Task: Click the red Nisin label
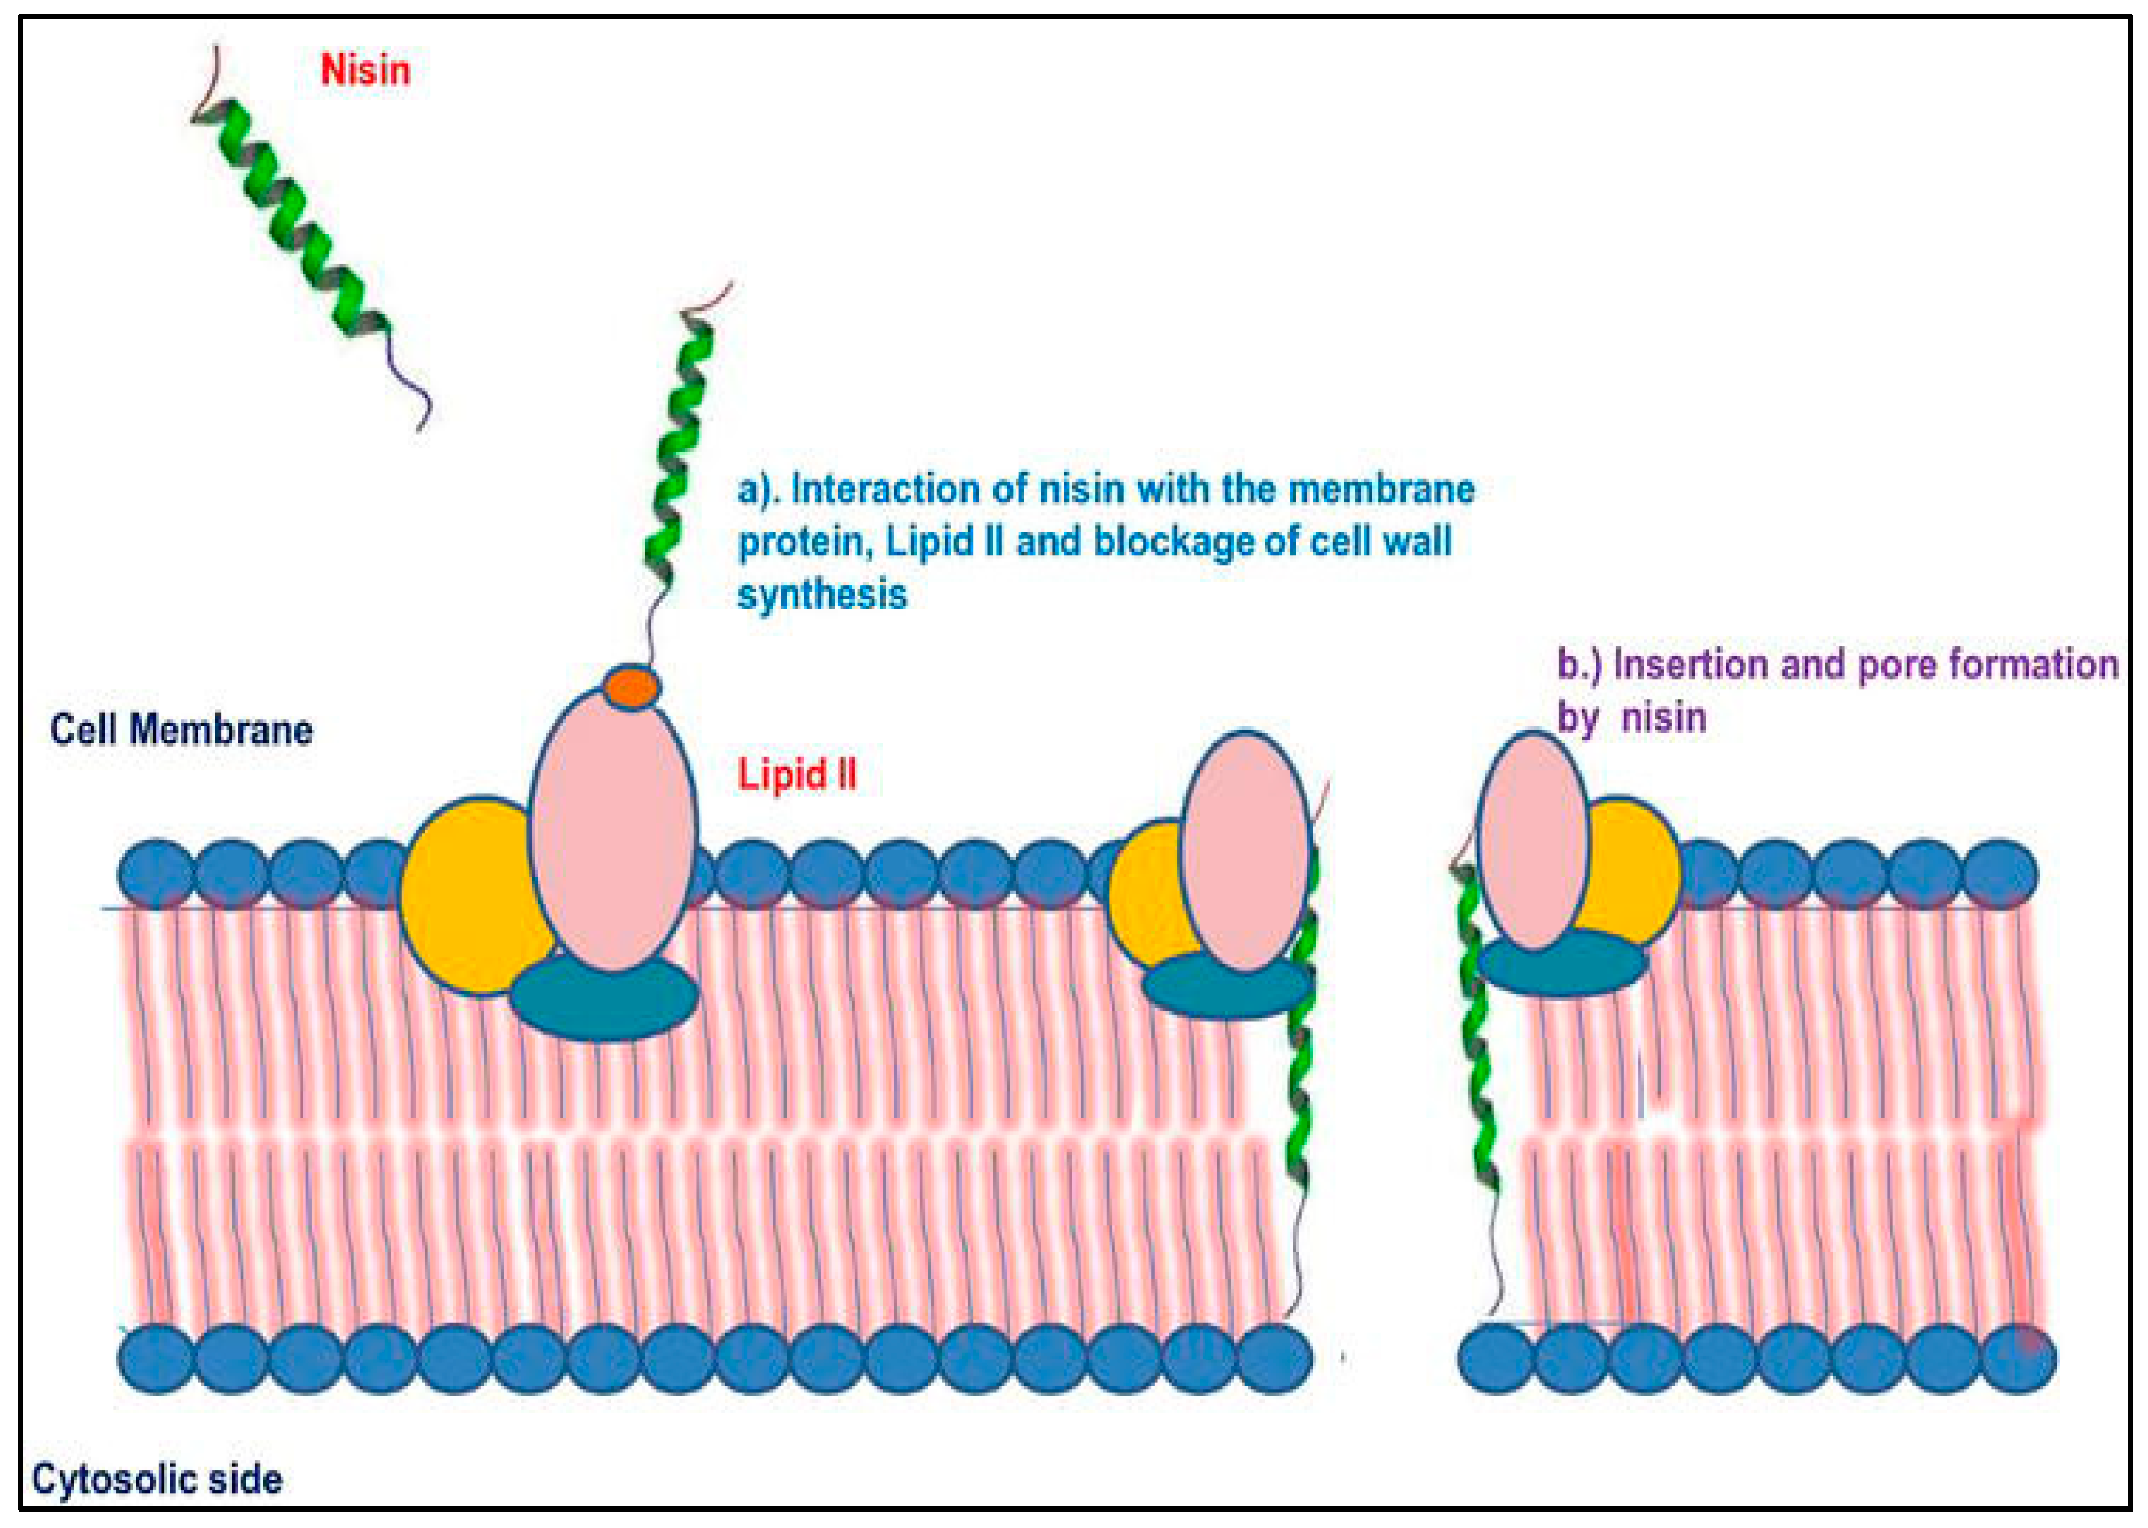coord(365,70)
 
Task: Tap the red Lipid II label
coord(797,774)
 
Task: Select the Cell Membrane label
coord(181,730)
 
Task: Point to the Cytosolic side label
coord(157,1479)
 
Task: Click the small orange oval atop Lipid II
coord(631,687)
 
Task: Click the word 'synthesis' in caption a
coord(821,595)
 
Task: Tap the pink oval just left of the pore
coord(1245,851)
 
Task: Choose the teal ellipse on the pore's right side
coord(1562,964)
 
